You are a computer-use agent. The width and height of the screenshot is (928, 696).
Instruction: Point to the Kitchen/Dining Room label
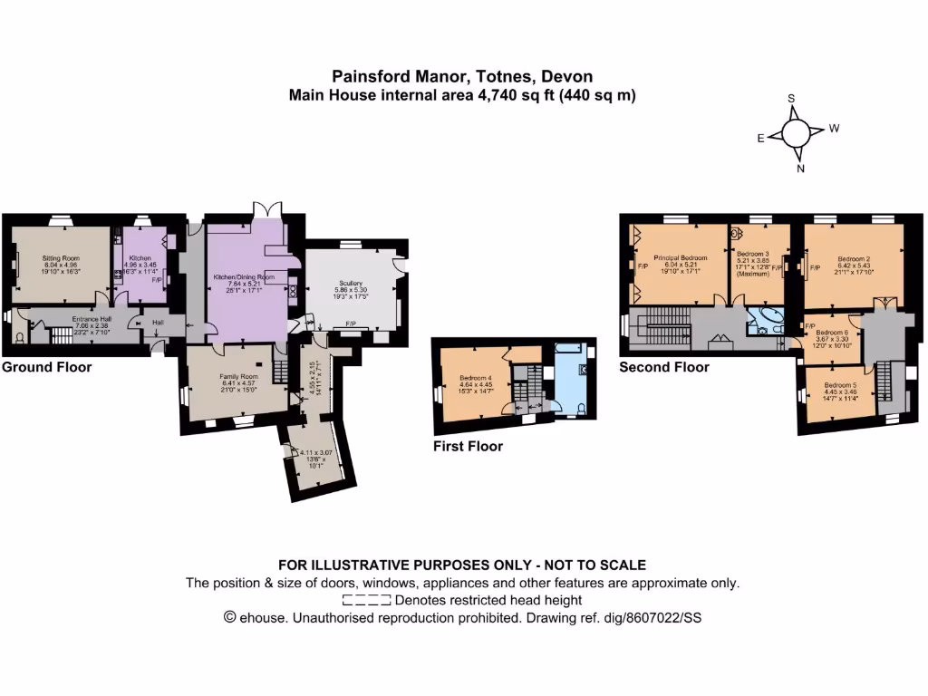[x=243, y=275]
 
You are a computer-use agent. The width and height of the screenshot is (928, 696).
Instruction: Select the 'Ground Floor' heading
[x=46, y=367]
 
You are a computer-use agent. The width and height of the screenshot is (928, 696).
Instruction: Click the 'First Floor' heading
[x=468, y=446]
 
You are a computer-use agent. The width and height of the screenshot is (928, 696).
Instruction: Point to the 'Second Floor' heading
[x=663, y=367]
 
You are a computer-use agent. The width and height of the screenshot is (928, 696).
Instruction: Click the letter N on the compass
[x=801, y=169]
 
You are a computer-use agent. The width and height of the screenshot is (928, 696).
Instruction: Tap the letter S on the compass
[x=791, y=99]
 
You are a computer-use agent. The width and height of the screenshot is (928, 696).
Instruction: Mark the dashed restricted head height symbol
[x=367, y=600]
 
